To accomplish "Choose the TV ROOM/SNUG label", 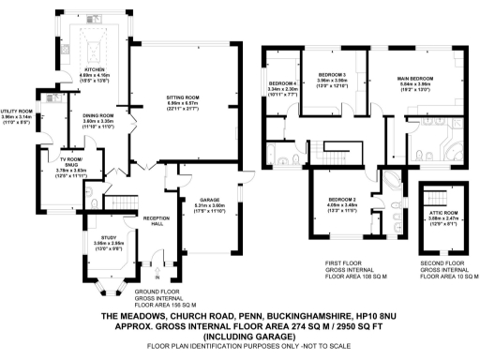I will [70, 166].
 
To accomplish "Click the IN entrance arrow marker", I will [157, 275].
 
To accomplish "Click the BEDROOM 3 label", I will [332, 75].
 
